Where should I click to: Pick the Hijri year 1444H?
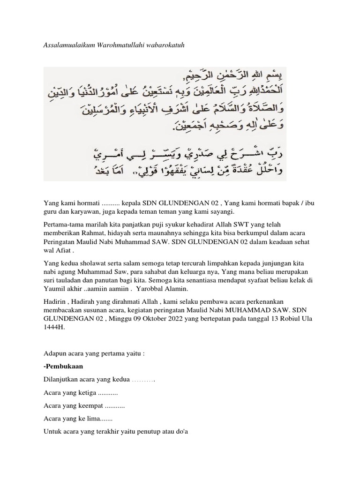(x=53, y=328)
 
